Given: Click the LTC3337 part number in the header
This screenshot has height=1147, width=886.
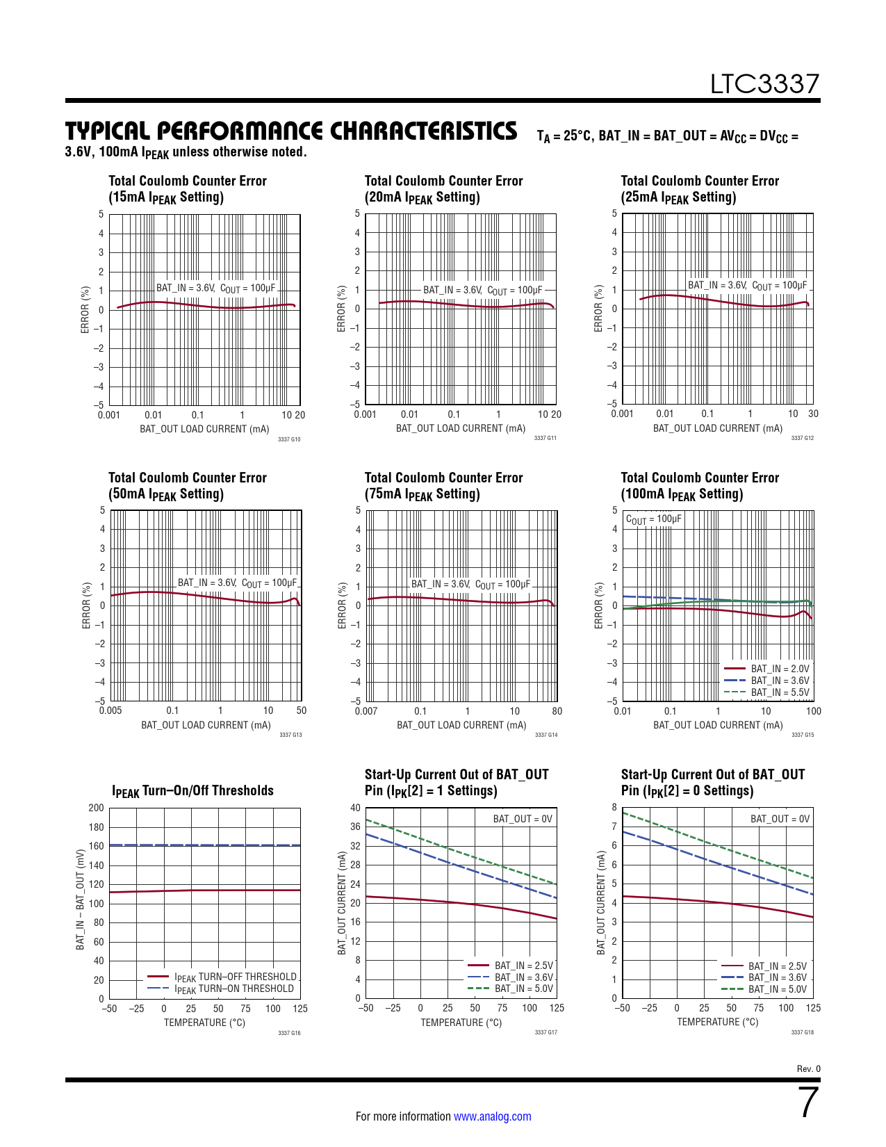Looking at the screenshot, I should coord(764,84).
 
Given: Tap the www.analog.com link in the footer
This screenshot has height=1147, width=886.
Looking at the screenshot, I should coord(492,1116).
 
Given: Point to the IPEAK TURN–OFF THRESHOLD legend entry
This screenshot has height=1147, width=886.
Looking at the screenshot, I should coord(235,977).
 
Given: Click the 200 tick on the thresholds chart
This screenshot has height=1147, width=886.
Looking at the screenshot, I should coord(96,808).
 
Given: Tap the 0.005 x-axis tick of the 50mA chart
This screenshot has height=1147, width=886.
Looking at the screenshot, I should coord(110,710).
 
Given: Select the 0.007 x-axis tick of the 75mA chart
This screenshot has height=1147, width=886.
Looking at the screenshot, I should coord(366,711).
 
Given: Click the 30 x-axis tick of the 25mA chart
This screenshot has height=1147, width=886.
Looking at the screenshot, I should coord(813,414).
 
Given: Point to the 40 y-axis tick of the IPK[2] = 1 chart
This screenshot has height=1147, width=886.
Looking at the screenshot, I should coord(355,808).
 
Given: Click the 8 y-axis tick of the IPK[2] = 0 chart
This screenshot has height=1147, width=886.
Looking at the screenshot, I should coord(614,807).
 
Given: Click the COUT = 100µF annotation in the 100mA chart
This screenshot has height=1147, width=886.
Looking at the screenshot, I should coord(653,519).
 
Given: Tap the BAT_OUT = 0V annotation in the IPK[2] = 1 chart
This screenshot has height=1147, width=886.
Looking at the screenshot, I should coord(523,819).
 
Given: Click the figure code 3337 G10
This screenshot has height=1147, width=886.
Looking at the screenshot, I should coord(289,439).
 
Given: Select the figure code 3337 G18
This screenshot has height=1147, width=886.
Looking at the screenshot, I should coord(802,1032).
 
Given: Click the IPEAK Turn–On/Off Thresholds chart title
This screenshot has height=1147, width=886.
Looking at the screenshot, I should coord(192,791).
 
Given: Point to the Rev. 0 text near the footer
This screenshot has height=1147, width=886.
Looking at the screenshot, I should coord(808,1069).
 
